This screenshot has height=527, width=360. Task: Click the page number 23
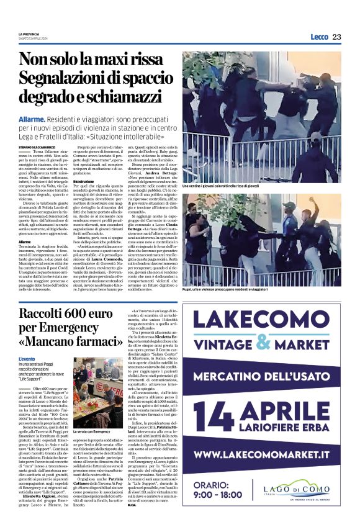coord(336,37)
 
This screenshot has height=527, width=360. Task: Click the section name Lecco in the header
coord(319,37)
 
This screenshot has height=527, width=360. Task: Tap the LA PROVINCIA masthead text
coord(29,34)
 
